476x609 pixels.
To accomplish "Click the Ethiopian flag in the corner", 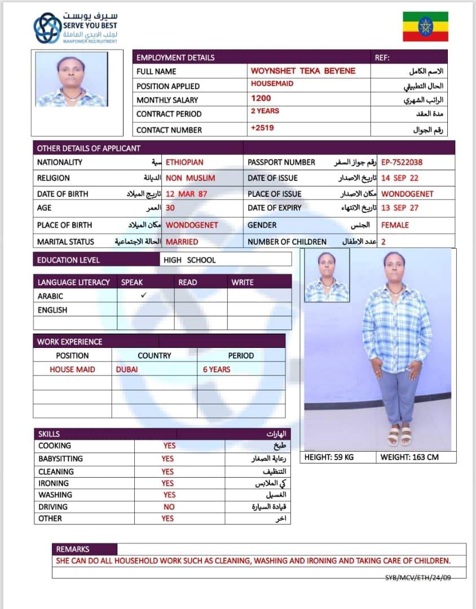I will pyautogui.click(x=425, y=26).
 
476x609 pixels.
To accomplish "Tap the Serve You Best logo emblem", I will pyautogui.click(x=47, y=28).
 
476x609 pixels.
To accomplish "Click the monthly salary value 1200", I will pyautogui.click(x=261, y=98).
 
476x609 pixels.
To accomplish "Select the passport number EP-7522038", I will pyautogui.click(x=402, y=162).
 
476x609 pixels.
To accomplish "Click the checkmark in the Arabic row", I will pyautogui.click(x=143, y=295).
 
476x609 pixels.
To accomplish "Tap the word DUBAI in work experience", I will pyautogui.click(x=127, y=369).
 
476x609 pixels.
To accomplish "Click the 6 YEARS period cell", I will pyautogui.click(x=217, y=369).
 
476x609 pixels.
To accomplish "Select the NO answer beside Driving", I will pyautogui.click(x=169, y=507).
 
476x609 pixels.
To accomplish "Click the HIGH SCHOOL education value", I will pyautogui.click(x=189, y=260).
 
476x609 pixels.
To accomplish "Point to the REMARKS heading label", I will pyautogui.click(x=73, y=549).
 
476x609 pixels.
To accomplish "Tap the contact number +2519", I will pyautogui.click(x=262, y=128).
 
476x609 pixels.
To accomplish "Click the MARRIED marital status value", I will pyautogui.click(x=182, y=242).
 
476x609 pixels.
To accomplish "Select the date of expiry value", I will pyautogui.click(x=400, y=208).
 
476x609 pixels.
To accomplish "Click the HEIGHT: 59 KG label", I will pyautogui.click(x=329, y=457).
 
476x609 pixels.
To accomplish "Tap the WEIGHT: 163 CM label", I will pyautogui.click(x=409, y=457).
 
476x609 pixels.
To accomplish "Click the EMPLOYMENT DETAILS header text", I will pyautogui.click(x=175, y=58).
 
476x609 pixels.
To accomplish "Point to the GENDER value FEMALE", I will pyautogui.click(x=395, y=225).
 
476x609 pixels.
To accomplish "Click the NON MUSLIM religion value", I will pyautogui.click(x=190, y=178).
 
